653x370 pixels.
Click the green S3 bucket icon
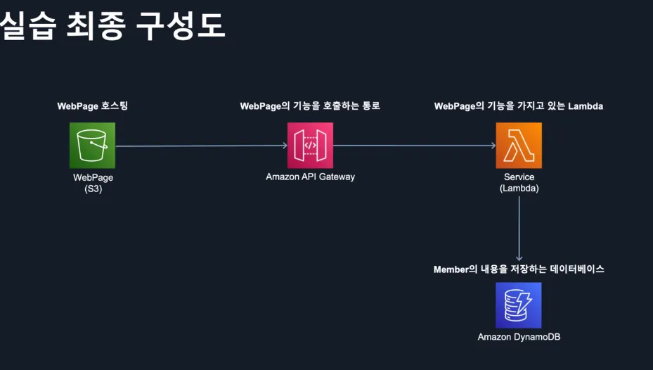92,146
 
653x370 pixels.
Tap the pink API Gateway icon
310,145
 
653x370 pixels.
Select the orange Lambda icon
519,146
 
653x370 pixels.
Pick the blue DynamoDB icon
519,305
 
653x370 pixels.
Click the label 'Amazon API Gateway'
310,177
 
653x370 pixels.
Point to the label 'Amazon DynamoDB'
519,337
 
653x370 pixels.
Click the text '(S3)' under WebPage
93,189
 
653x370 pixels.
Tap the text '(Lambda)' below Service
519,189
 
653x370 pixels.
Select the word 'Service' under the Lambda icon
519,177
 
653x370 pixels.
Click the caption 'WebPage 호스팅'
93,106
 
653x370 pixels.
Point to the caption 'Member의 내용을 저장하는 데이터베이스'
519,269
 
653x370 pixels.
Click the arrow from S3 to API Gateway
201,146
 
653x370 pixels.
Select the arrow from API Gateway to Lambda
415,146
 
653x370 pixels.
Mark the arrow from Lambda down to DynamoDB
519,229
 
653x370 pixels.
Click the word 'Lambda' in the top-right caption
586,106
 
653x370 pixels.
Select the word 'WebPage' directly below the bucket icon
93,178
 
